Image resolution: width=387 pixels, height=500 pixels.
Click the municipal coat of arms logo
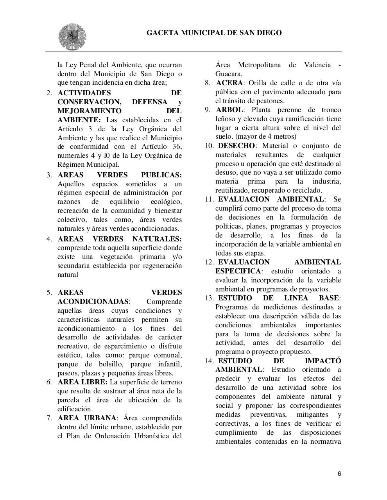[72, 37]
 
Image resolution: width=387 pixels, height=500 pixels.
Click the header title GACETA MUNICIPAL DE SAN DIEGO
[214, 33]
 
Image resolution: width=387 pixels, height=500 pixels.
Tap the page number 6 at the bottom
[339, 474]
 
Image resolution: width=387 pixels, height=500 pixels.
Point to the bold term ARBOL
[229, 110]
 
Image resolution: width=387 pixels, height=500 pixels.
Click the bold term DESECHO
[236, 146]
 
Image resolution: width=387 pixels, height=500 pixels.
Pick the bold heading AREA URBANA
[87, 418]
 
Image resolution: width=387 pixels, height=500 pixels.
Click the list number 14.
[209, 361]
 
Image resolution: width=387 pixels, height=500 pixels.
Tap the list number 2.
[49, 93]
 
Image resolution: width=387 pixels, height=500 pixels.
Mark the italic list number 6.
[49, 382]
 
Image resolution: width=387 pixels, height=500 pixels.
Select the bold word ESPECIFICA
[238, 271]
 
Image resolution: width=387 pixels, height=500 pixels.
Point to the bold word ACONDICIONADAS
[93, 302]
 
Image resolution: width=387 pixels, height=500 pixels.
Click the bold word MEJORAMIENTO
[90, 111]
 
